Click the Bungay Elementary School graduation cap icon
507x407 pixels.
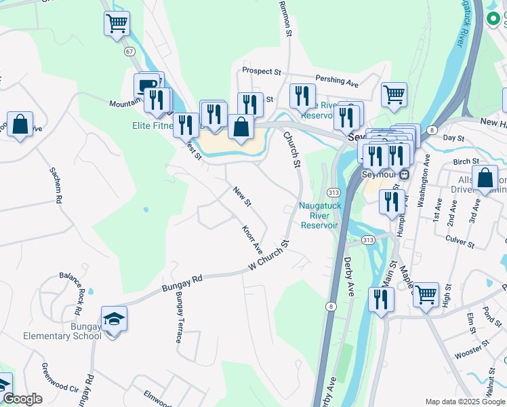[114, 318]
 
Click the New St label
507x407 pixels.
[242, 197]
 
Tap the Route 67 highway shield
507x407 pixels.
[129, 51]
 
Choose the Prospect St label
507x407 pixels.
[262, 71]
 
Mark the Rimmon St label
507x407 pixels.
[285, 18]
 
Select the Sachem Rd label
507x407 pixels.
[59, 186]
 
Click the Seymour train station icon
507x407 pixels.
[404, 174]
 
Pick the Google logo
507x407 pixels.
[23, 398]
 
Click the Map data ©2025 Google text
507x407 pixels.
[464, 402]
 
